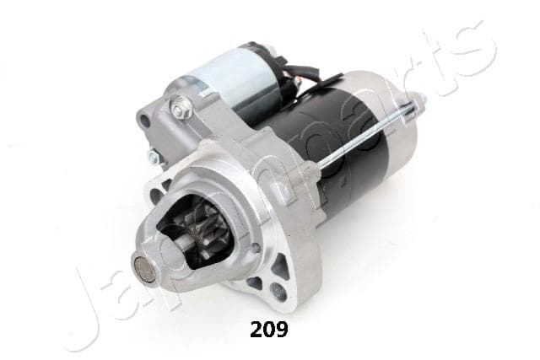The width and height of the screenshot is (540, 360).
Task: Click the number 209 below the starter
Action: click(x=269, y=330)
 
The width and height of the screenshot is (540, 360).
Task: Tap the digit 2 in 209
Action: click(x=256, y=330)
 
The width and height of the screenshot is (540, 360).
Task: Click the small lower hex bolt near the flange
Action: click(x=154, y=158)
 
